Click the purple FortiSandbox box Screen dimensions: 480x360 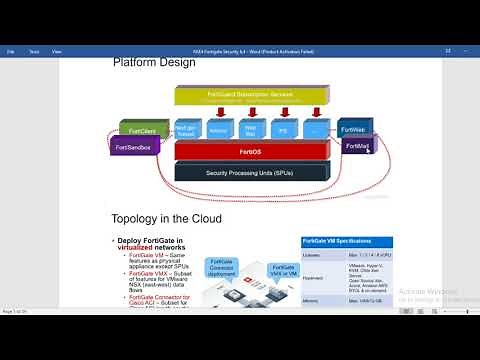point(138,147)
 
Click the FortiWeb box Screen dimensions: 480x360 point(353,130)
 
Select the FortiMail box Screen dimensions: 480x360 point(357,146)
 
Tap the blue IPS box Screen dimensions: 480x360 point(284,130)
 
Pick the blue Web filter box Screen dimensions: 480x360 point(252,130)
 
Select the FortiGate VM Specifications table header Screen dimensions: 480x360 point(346,243)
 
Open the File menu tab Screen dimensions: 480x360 point(11,50)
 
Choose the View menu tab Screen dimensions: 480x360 point(56,50)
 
